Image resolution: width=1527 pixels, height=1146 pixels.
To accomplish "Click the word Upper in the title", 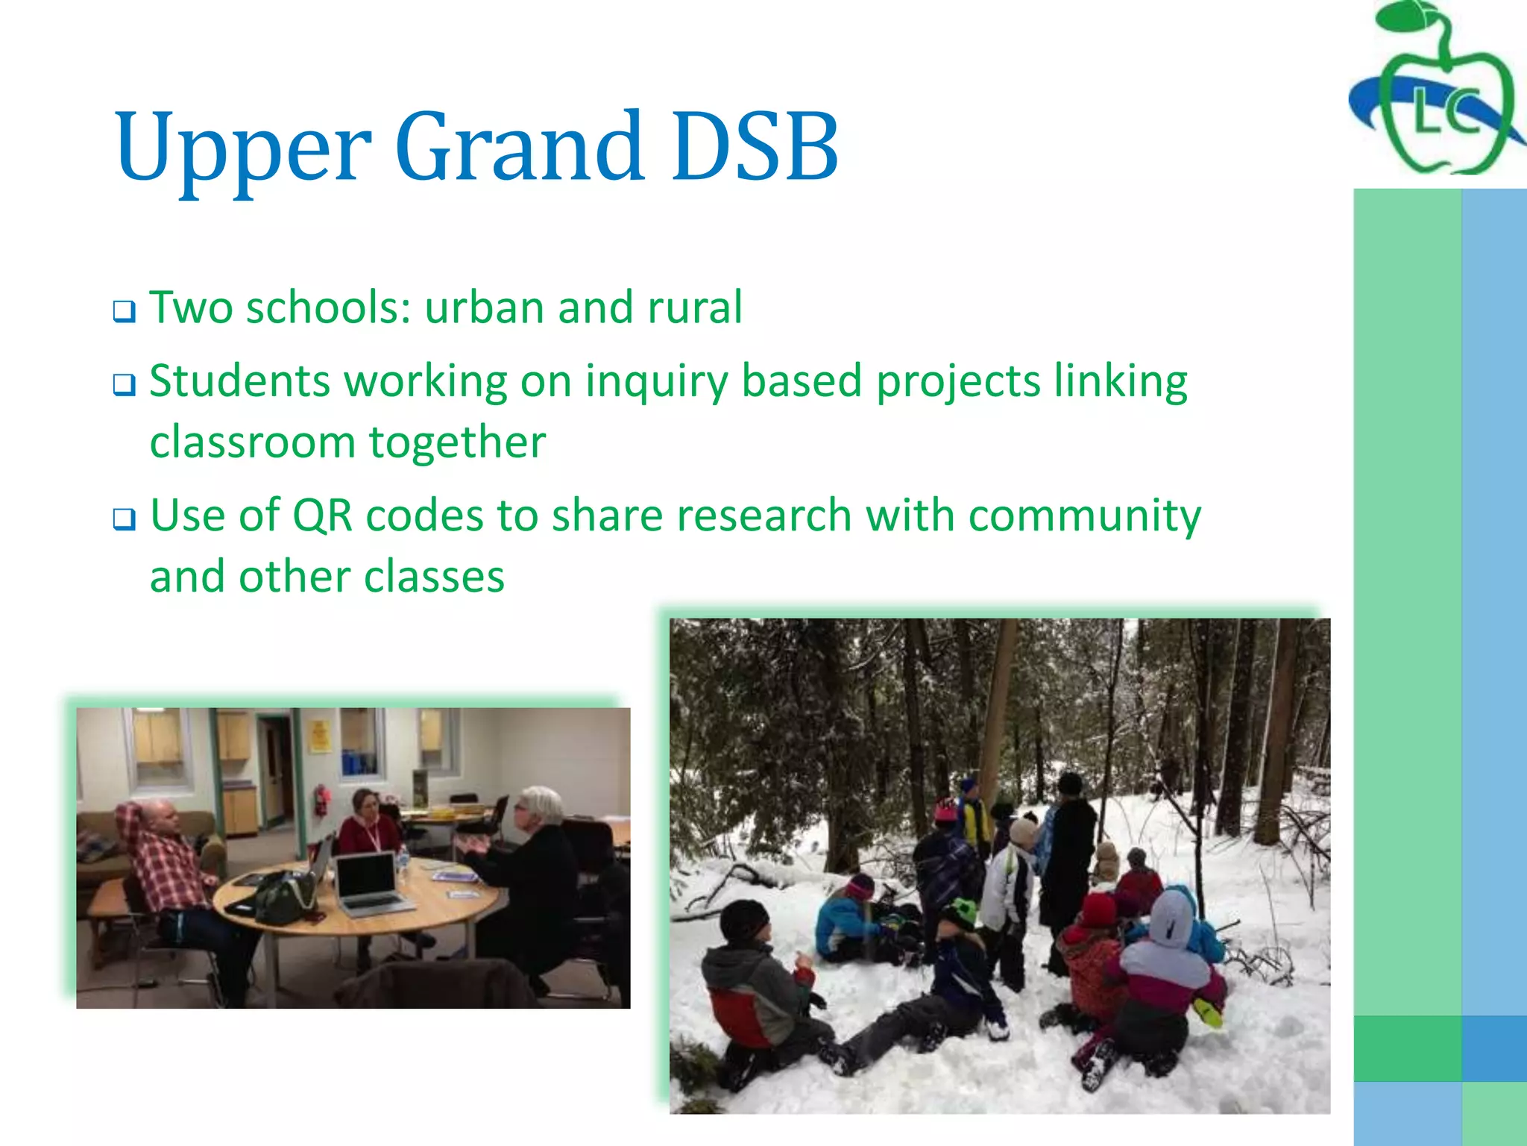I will (242, 147).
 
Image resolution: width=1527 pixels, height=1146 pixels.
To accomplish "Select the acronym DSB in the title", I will (755, 147).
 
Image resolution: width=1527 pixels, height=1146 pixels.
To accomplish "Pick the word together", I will (457, 442).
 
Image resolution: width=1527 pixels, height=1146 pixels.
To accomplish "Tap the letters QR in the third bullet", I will (322, 516).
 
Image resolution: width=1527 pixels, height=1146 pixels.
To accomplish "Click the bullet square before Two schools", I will (124, 311).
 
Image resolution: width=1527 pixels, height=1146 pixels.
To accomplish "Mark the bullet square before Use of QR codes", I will (124, 519).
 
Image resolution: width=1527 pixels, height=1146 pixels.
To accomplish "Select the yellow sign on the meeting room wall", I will (319, 735).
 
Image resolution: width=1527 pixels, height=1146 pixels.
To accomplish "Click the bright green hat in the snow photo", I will (960, 911).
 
